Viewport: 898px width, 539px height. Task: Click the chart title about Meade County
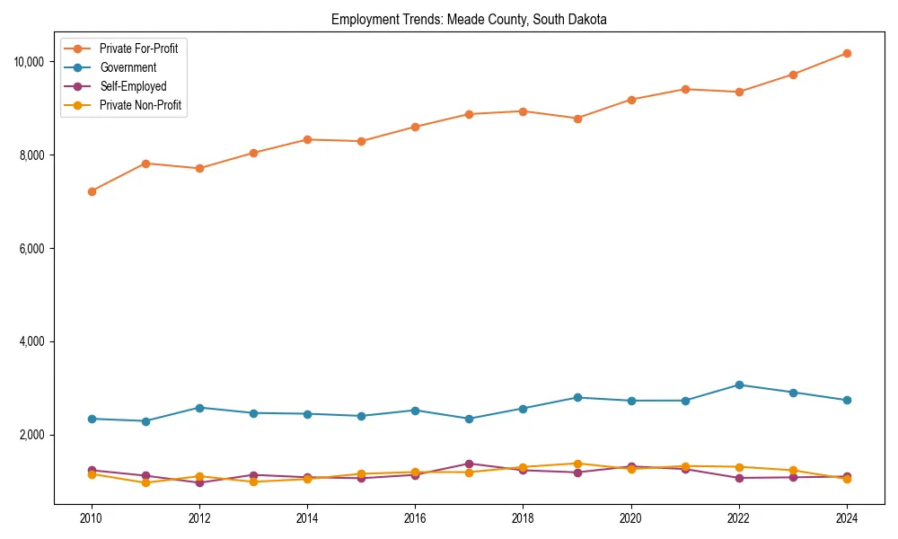click(x=469, y=19)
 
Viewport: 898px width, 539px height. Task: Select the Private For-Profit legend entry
click(x=138, y=49)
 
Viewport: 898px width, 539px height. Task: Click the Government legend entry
click(x=128, y=67)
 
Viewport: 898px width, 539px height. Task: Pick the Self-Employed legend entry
click(x=133, y=86)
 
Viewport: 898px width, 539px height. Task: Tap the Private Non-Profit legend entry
click(x=140, y=105)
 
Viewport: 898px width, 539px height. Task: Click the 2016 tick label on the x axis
click(x=415, y=518)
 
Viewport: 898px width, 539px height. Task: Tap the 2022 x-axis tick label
click(x=738, y=518)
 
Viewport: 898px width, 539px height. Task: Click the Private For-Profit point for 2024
click(x=847, y=53)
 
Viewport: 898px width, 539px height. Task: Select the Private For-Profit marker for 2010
click(x=92, y=191)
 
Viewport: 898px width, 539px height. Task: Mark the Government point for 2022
click(x=739, y=384)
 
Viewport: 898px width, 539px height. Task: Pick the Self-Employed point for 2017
click(x=469, y=464)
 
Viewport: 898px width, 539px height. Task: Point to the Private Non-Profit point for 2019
click(x=577, y=464)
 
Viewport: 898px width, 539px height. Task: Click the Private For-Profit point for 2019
click(x=577, y=119)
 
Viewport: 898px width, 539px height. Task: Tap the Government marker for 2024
click(x=847, y=401)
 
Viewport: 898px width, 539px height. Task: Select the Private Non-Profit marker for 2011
click(x=145, y=483)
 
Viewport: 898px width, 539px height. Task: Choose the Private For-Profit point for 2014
click(x=307, y=139)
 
